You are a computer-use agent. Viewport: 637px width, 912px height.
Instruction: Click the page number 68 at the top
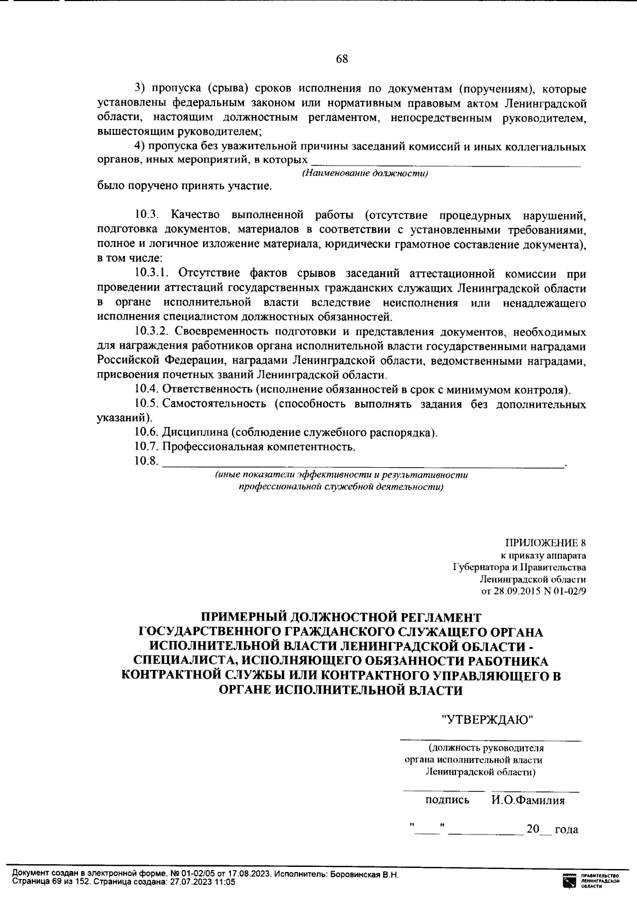[x=342, y=59]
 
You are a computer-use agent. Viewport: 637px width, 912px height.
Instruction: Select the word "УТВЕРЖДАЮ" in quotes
[x=488, y=719]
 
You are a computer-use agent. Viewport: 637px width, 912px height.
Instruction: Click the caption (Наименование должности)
[x=365, y=174]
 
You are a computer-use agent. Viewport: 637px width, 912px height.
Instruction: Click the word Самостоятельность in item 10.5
[x=214, y=404]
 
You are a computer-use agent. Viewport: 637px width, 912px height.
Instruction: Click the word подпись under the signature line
[x=447, y=800]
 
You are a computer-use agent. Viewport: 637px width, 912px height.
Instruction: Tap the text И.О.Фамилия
[x=528, y=800]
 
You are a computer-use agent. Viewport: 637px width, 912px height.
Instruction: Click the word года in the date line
[x=566, y=829]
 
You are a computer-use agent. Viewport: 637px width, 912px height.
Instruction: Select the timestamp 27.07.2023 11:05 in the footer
[x=202, y=882]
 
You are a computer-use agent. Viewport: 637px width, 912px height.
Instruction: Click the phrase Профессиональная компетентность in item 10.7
[x=259, y=446]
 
